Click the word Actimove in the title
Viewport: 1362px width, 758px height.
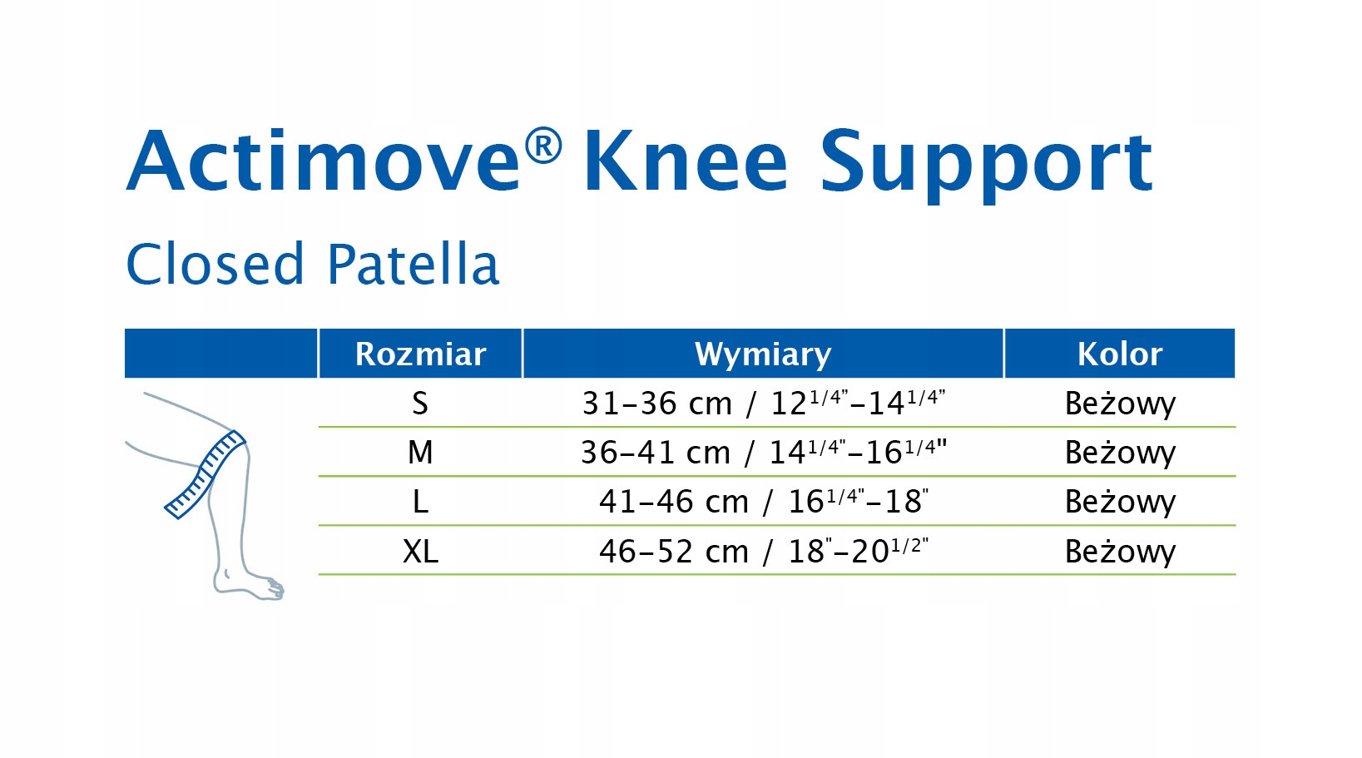[x=323, y=161]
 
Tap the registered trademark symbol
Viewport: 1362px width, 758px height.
[x=543, y=146]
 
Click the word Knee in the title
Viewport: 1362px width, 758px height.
[x=686, y=161]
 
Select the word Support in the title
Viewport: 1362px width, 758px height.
[x=986, y=166]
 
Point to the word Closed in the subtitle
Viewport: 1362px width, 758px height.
[x=215, y=264]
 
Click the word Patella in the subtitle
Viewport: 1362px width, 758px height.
[x=413, y=264]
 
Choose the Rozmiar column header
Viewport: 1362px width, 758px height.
[x=420, y=354]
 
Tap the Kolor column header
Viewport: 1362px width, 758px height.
[x=1120, y=354]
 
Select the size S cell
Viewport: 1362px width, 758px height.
[x=420, y=403]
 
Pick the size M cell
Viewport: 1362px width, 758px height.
[x=420, y=453]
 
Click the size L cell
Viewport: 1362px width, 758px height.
[x=420, y=502]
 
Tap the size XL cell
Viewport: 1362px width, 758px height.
[x=420, y=552]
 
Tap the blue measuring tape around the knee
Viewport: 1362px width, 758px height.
[x=205, y=475]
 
